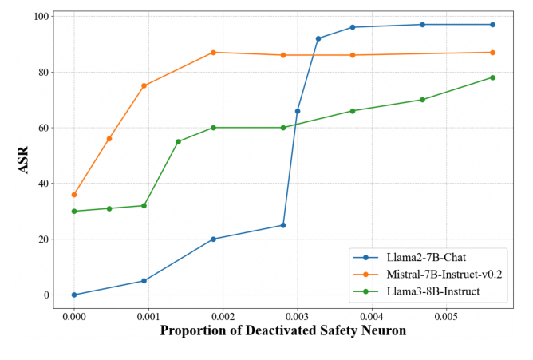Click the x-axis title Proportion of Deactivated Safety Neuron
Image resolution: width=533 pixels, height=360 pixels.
pos(282,330)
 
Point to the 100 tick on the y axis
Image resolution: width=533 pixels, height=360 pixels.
pos(42,17)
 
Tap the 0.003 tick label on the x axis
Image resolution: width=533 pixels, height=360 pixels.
pos(298,315)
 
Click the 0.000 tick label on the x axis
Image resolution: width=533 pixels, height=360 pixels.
pos(74,315)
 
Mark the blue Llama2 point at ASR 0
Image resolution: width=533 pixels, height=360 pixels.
pos(74,295)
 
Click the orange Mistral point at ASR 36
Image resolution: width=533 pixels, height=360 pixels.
pos(74,195)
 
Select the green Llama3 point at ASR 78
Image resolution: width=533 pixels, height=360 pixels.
pos(492,77)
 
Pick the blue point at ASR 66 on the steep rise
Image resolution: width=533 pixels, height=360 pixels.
pos(298,111)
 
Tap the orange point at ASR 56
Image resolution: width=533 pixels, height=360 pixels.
pos(109,139)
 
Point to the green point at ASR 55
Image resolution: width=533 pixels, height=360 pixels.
pos(178,142)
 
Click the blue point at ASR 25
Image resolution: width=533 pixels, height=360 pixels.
pos(283,225)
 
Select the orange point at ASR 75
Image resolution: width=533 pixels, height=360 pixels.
pos(144,85)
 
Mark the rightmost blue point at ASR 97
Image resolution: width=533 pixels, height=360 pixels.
pos(492,25)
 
